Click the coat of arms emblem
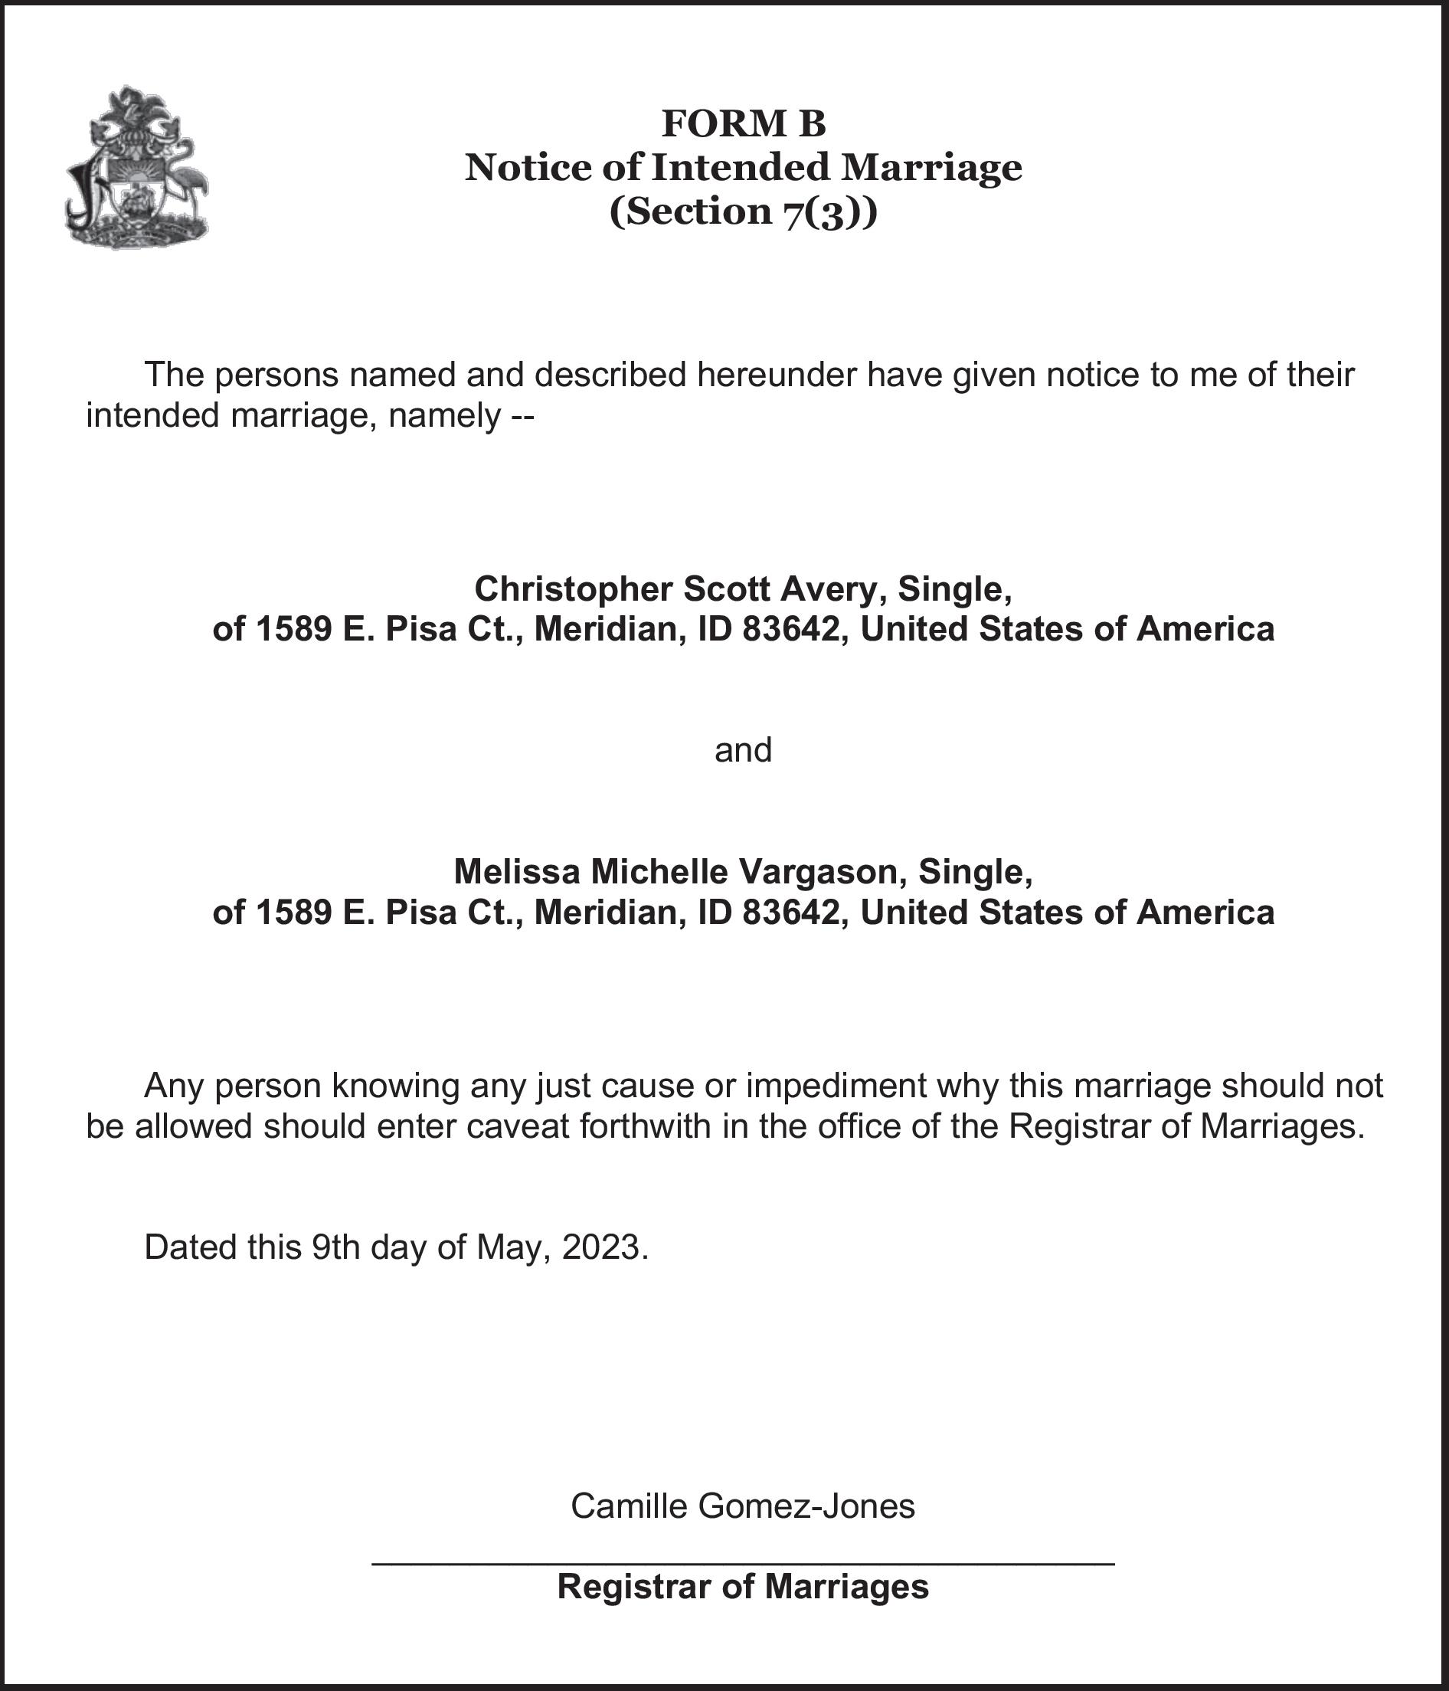(136, 167)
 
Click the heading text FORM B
(744, 124)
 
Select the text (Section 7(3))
(744, 212)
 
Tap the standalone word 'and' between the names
(742, 749)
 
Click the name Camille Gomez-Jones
(742, 1506)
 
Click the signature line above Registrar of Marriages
(742, 1563)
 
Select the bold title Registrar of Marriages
(742, 1587)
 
